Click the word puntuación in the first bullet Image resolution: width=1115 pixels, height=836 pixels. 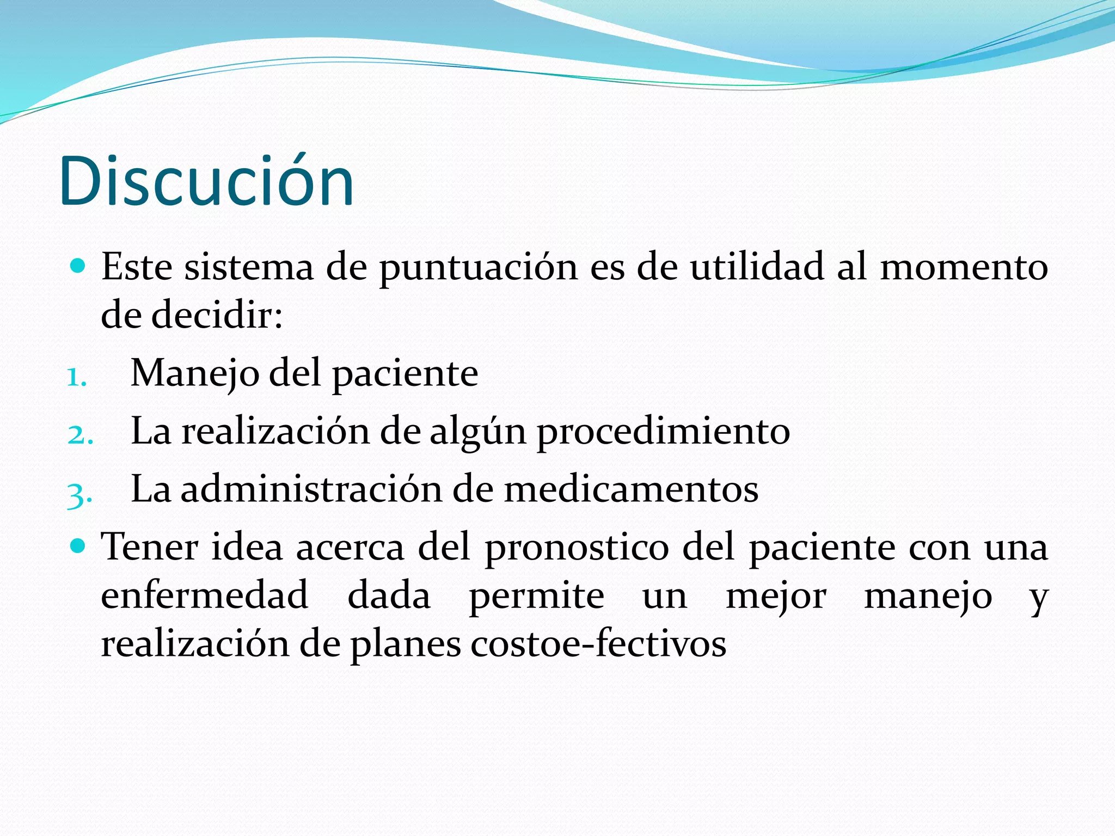point(478,268)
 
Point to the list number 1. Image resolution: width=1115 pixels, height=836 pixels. point(76,377)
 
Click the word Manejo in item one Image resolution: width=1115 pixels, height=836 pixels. point(195,374)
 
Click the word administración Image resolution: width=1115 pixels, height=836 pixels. point(311,489)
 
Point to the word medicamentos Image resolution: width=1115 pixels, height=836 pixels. point(631,489)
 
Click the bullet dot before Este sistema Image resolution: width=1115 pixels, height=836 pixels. point(78,266)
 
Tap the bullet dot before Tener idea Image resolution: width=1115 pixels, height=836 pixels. point(78,545)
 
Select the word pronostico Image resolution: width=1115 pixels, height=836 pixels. point(577,548)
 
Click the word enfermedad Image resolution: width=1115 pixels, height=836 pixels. point(205,595)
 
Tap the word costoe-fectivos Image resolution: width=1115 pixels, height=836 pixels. point(598,644)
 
